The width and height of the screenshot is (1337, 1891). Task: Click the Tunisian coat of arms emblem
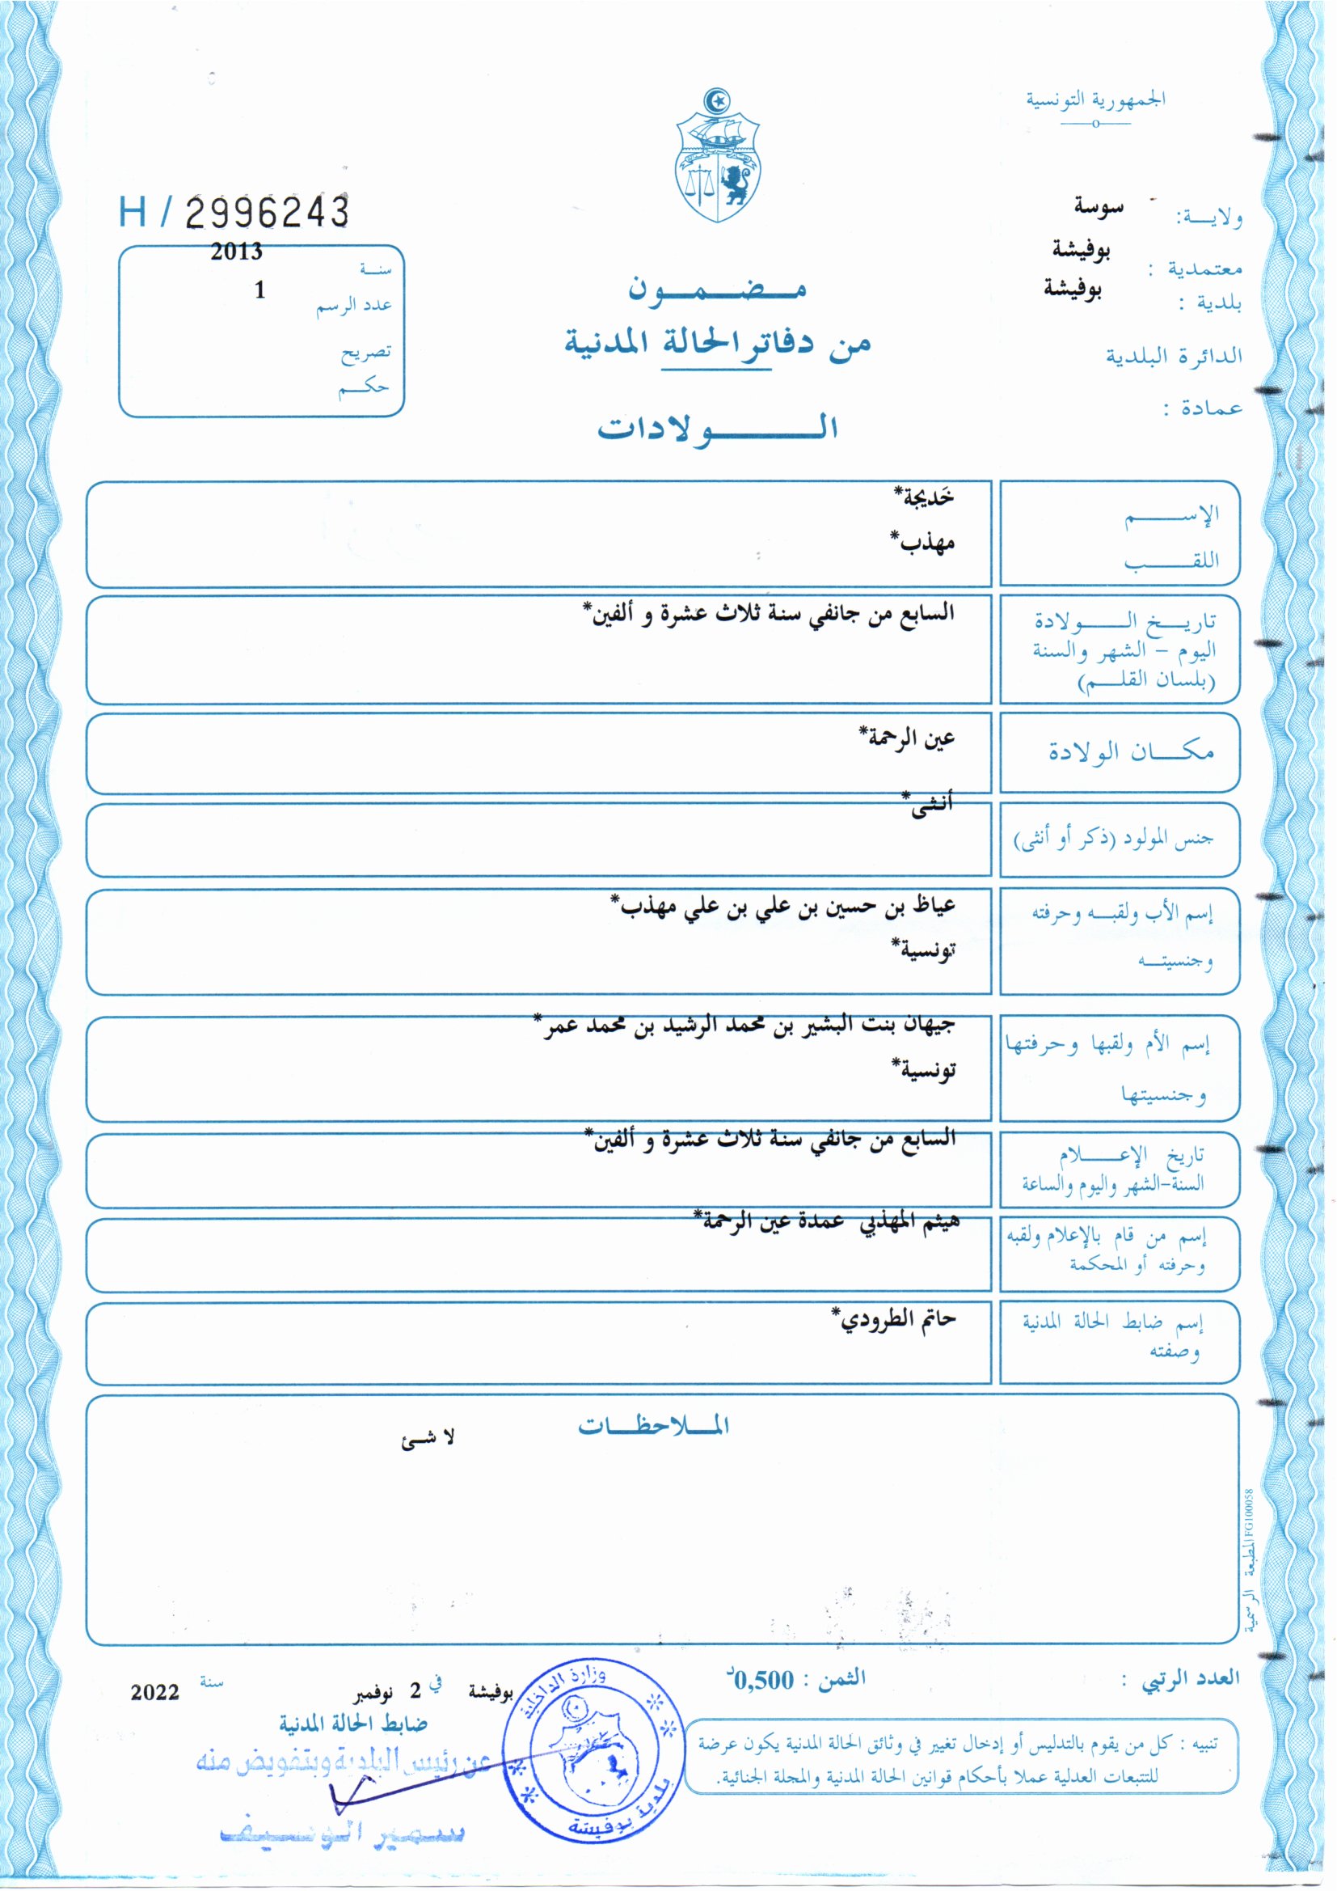pyautogui.click(x=718, y=155)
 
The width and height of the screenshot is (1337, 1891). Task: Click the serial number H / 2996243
pyautogui.click(x=234, y=213)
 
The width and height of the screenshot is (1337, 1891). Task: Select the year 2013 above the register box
pyautogui.click(x=236, y=252)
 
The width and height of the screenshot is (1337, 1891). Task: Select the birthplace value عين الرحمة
pyautogui.click(x=906, y=736)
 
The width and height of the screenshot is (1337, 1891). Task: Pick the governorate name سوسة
pyautogui.click(x=1099, y=206)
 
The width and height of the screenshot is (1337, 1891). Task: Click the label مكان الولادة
pyautogui.click(x=1130, y=751)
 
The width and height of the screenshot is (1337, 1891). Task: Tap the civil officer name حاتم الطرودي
pyautogui.click(x=894, y=1318)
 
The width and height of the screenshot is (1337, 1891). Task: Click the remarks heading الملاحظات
pyautogui.click(x=654, y=1426)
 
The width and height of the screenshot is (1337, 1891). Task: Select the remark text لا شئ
pyautogui.click(x=428, y=1439)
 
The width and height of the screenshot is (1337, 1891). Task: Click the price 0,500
pyautogui.click(x=763, y=1680)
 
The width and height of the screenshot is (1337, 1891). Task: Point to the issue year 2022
pyautogui.click(x=154, y=1693)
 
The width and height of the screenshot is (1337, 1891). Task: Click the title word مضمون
pyautogui.click(x=717, y=289)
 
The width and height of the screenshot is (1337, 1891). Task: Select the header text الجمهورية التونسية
pyautogui.click(x=1095, y=100)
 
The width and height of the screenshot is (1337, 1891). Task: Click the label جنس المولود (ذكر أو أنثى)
pyautogui.click(x=1113, y=840)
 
